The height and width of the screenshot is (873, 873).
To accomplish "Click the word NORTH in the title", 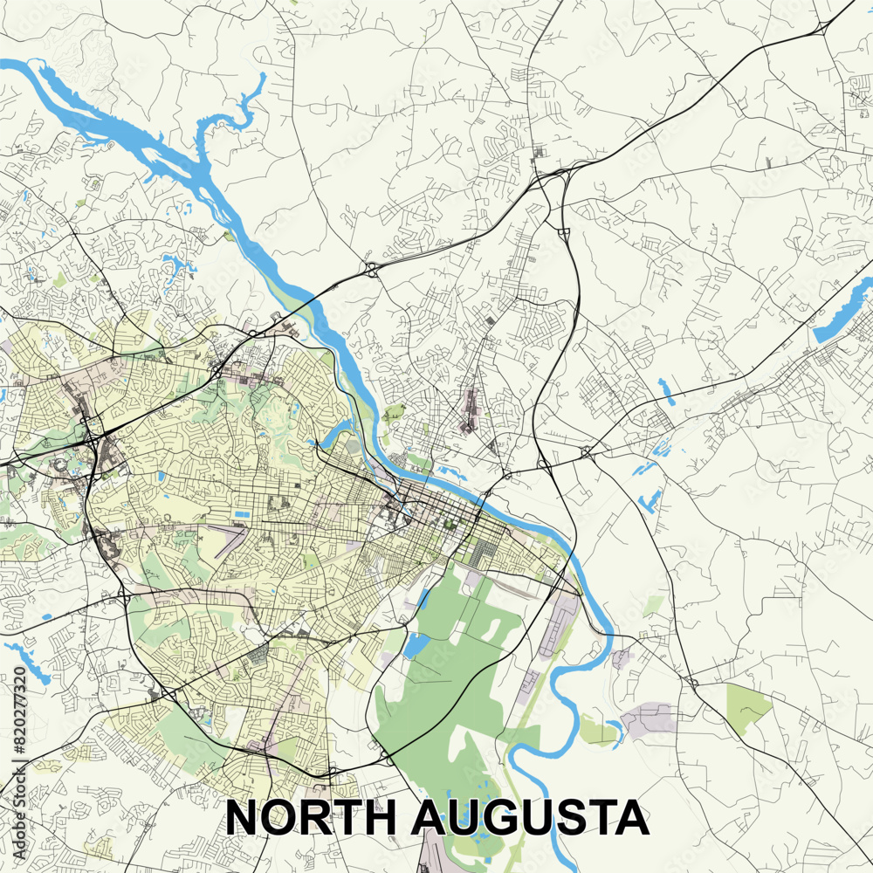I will [x=311, y=818].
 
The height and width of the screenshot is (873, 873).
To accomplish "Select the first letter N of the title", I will [x=242, y=818].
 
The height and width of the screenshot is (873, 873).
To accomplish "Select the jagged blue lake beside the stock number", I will [x=26, y=659].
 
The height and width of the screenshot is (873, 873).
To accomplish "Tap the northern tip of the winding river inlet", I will [x=262, y=79].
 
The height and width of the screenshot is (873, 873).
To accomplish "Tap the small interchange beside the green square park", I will [x=692, y=681].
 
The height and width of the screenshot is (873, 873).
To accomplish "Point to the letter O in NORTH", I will [x=278, y=818].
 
